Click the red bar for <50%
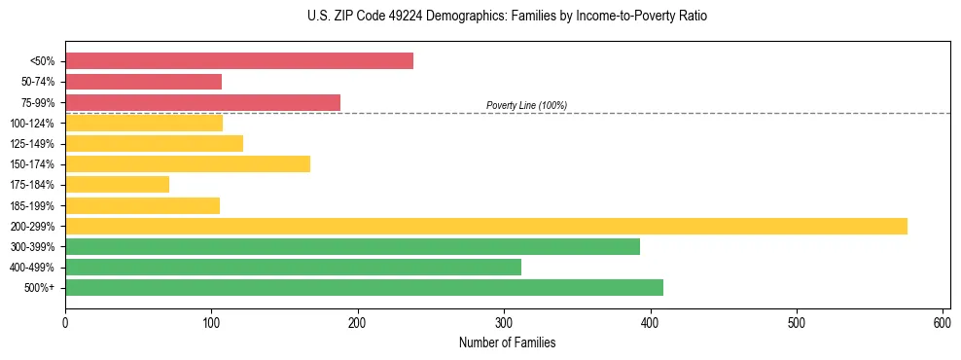coord(239,61)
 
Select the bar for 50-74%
coord(143,82)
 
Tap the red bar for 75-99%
coord(202,102)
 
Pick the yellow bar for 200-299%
coord(486,226)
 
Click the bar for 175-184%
coord(117,184)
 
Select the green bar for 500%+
coord(364,287)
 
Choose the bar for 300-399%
coord(352,246)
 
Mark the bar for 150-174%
coord(188,163)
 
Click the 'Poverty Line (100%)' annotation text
coord(526,105)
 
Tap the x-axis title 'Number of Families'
coord(507,342)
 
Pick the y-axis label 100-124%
coord(32,123)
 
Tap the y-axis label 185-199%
coord(32,205)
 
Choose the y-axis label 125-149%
coord(32,143)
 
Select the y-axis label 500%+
coord(39,287)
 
